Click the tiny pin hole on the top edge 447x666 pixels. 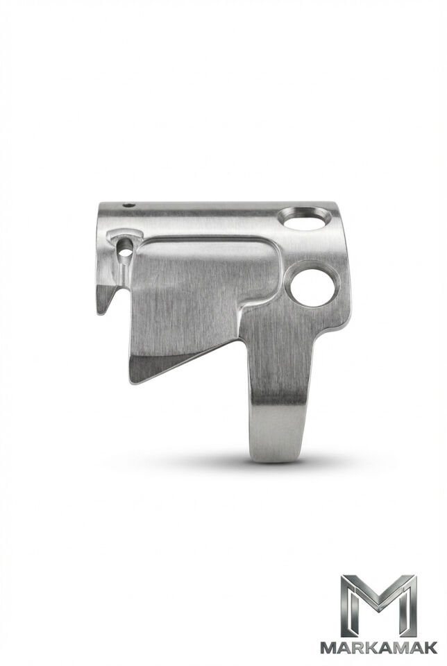coord(129,205)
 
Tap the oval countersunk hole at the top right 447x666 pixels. coord(305,219)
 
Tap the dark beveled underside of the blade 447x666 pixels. coord(170,362)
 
